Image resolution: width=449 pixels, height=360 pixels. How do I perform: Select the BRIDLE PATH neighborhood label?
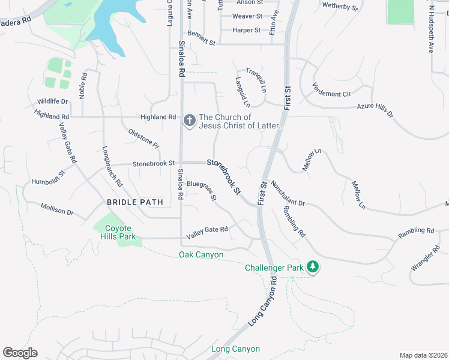pyautogui.click(x=135, y=202)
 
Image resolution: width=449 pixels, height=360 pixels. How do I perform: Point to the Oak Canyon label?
pyautogui.click(x=201, y=255)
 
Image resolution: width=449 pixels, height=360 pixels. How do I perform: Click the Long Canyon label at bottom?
pyautogui.click(x=235, y=349)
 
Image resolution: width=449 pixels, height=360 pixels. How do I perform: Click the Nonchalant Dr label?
pyautogui.click(x=288, y=194)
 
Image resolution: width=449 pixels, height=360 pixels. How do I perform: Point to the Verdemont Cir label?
pyautogui.click(x=331, y=90)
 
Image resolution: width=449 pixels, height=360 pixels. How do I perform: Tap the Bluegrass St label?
pyautogui.click(x=201, y=190)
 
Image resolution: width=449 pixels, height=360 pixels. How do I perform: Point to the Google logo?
pyautogui.click(x=20, y=353)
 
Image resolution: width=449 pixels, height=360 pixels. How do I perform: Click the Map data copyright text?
pyautogui.click(x=423, y=355)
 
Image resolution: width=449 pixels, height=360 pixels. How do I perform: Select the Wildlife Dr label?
pyautogui.click(x=52, y=101)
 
